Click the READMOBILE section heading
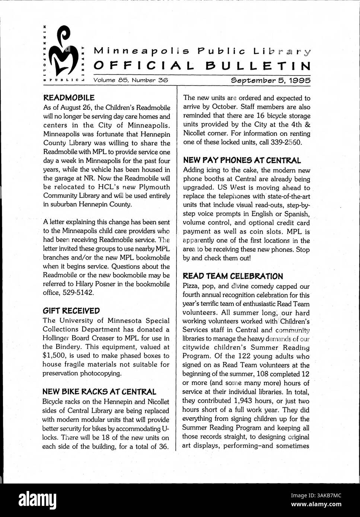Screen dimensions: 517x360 point(69,98)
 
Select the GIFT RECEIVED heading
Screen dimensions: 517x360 point(71,311)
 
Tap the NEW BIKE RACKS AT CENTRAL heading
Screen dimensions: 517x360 point(99,392)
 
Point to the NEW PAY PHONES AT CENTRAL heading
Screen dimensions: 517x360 point(242,161)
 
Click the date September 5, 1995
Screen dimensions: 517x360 point(271,80)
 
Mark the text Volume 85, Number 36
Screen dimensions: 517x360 point(131,80)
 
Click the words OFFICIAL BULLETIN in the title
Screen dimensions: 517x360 point(202,66)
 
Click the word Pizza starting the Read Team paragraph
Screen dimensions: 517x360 point(191,286)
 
